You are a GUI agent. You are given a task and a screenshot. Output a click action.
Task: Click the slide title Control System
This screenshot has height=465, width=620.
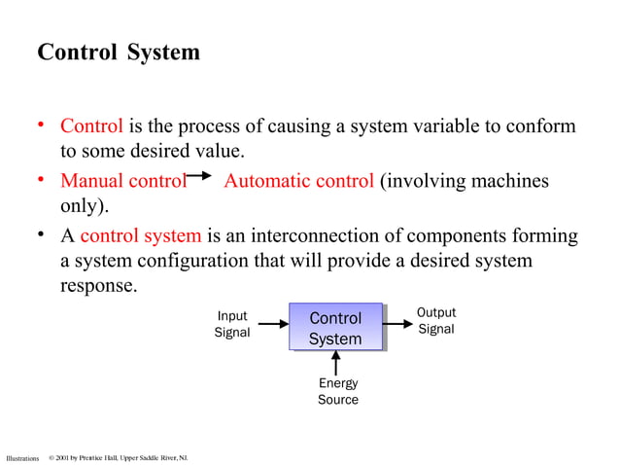coord(118,53)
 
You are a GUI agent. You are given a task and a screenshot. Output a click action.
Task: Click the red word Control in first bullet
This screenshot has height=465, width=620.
coord(91,126)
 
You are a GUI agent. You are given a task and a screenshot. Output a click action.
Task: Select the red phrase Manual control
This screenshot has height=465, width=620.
coord(122,181)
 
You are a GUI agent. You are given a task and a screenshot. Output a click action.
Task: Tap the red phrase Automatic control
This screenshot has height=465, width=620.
coord(298,181)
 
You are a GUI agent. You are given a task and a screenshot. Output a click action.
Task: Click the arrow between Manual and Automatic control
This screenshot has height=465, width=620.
coord(198,176)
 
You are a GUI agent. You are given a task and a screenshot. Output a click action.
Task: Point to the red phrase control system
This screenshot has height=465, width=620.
coord(141,235)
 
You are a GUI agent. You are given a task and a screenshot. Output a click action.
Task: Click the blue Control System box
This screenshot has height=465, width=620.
coord(335,329)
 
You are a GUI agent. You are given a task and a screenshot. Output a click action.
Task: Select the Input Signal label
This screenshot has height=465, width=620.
coord(231,324)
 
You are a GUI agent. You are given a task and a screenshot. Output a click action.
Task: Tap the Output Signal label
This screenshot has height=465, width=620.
coord(435,321)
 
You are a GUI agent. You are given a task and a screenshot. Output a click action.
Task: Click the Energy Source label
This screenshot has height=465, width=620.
coord(337,392)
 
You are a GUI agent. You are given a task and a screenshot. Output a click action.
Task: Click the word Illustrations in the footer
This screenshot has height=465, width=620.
coord(22,457)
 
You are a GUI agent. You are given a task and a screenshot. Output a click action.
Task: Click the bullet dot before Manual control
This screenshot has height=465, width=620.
coord(42,180)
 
